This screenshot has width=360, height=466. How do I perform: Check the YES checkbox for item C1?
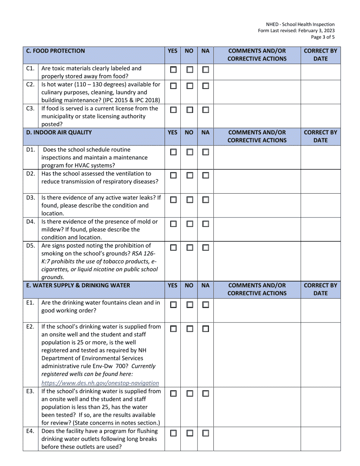coord(173,70)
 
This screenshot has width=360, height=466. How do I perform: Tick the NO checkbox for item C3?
coord(189,110)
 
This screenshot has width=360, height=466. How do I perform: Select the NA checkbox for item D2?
coord(205,175)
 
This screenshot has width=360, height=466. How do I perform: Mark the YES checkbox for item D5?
coord(173,248)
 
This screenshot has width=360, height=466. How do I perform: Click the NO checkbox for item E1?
coord(189,305)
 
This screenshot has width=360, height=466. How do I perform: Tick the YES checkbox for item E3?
coord(173,394)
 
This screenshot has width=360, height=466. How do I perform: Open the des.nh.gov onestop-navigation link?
coord(100,383)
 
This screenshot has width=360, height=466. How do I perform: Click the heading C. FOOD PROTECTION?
coord(55,51)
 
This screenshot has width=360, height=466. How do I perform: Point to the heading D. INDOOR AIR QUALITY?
coord(59,133)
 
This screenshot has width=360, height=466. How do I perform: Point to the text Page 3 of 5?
coord(323,37)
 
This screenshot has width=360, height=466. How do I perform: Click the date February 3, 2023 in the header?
coord(315,31)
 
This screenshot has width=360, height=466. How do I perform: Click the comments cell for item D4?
coord(257,229)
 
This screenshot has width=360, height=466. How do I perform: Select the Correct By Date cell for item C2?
coord(321,92)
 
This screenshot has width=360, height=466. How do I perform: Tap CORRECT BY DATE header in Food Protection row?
coord(321,55)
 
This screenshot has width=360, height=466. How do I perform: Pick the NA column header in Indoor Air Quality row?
coord(205,133)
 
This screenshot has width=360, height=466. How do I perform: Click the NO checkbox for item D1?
coord(189,152)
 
